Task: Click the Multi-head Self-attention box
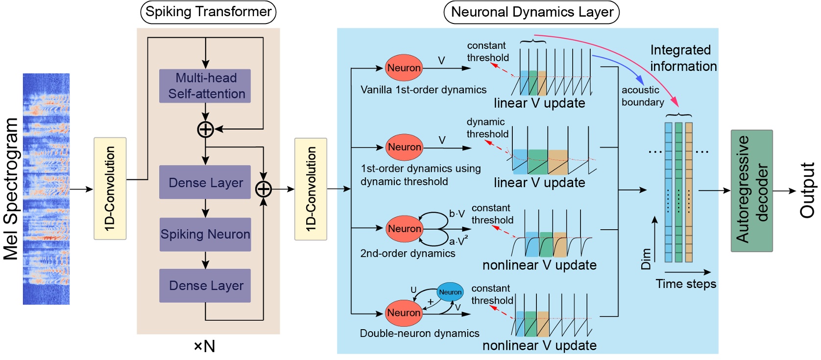(x=205, y=86)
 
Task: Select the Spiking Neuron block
(x=205, y=234)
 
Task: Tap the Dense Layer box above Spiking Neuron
(x=205, y=182)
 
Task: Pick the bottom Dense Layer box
(x=205, y=286)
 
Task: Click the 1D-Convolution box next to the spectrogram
(x=110, y=189)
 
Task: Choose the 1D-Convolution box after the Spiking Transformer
(x=311, y=189)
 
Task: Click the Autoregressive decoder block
(x=751, y=191)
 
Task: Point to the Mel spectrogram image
(x=46, y=189)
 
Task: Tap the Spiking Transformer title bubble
(x=208, y=12)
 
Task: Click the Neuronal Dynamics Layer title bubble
(x=531, y=12)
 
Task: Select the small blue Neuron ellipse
(x=450, y=292)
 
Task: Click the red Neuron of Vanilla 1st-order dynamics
(x=404, y=68)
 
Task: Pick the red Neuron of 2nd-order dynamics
(x=404, y=228)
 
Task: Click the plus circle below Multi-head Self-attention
(x=205, y=129)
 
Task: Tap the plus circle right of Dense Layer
(x=264, y=189)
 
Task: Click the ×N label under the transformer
(x=204, y=346)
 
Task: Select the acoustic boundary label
(x=642, y=96)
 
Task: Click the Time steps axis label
(x=685, y=284)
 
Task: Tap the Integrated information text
(x=682, y=58)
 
